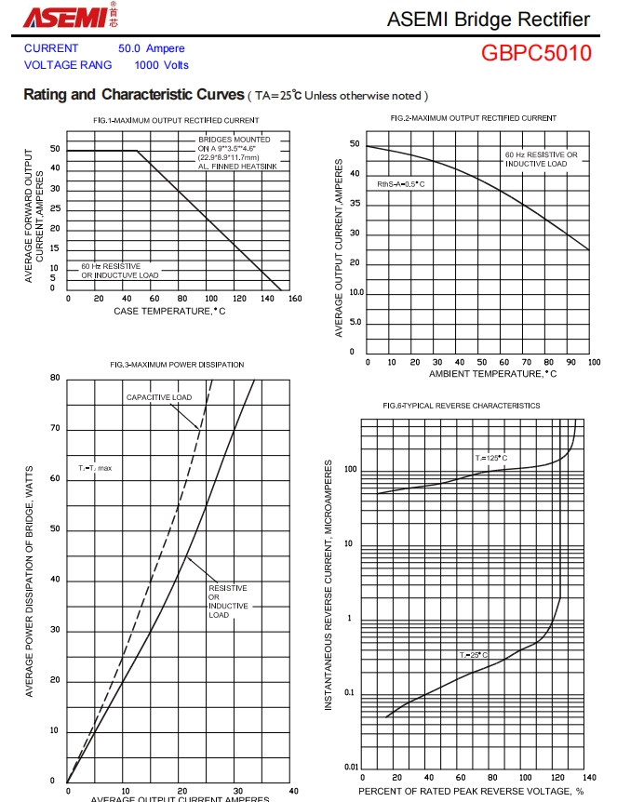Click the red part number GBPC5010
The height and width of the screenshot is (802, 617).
536,53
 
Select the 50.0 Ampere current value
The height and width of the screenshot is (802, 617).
151,48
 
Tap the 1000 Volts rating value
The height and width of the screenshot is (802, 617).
161,65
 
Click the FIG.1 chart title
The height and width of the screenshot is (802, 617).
176,120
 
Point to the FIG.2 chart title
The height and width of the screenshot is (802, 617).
474,118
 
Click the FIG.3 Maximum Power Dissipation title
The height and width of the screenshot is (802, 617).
177,365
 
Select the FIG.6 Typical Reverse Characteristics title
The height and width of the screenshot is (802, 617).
461,406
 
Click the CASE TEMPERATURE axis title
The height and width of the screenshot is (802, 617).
169,311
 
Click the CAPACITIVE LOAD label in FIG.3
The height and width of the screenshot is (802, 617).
159,397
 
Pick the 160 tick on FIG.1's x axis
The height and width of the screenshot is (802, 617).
295,299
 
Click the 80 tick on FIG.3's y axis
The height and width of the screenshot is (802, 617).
55,378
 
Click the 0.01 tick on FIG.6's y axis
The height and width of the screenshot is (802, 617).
351,767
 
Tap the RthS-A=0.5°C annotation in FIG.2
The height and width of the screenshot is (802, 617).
401,184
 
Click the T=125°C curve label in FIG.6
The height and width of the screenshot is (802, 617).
491,458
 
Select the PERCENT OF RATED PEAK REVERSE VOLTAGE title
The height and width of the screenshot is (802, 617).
471,791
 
